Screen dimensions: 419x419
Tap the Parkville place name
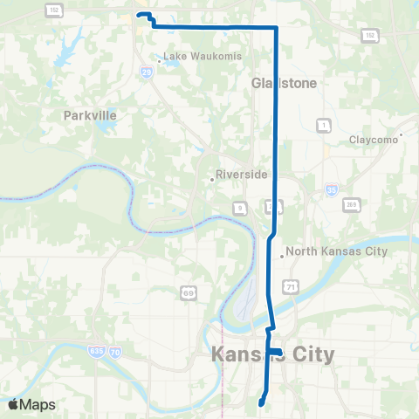(x=90, y=114)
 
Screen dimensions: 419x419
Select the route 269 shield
(x=352, y=204)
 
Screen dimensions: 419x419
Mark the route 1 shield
(x=323, y=125)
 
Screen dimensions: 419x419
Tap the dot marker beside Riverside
(x=212, y=180)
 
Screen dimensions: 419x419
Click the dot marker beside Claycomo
(x=401, y=135)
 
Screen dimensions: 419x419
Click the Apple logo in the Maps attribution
(x=13, y=405)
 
